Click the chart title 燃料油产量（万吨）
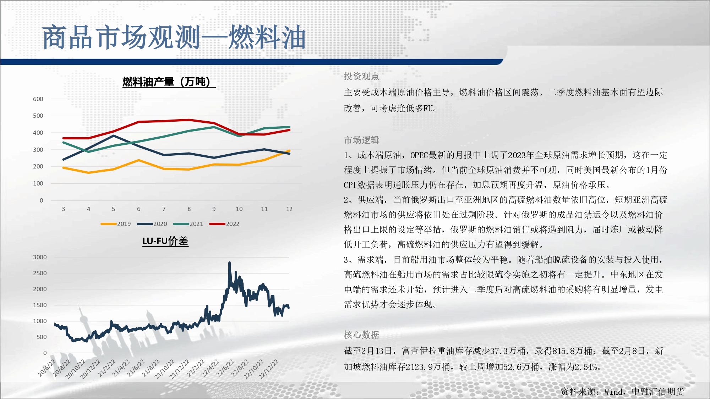[169, 82]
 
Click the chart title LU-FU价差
[165, 241]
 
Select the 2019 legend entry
[116, 224]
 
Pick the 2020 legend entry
[152, 224]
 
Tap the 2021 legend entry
[188, 224]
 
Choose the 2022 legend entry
[224, 224]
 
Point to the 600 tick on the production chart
[38, 99]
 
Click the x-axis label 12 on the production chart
[289, 209]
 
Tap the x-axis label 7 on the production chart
[164, 209]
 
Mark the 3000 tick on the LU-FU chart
[40, 257]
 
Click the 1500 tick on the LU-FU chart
[40, 305]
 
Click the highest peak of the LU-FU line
[229, 263]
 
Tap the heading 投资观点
[361, 76]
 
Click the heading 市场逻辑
[361, 140]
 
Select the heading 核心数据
[361, 335]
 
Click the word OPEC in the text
[419, 155]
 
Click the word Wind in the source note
[613, 392]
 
